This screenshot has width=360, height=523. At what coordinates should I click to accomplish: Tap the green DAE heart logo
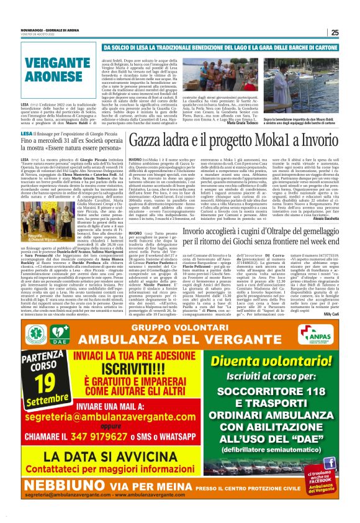(x=60, y=334)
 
